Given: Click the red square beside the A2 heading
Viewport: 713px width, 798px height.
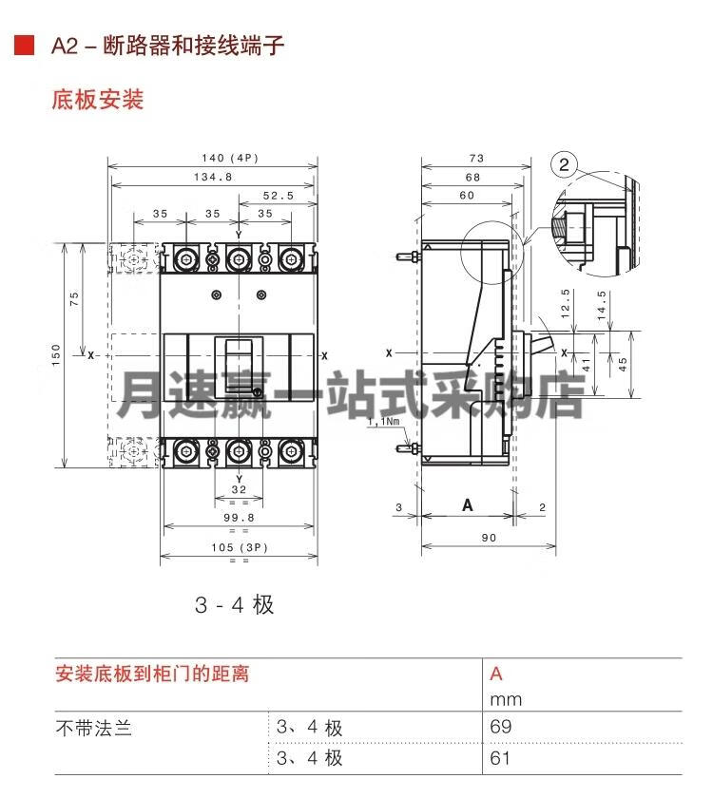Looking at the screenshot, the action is pyautogui.click(x=24, y=45).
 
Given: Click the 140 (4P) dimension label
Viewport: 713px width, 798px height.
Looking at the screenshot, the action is pyautogui.click(x=230, y=159).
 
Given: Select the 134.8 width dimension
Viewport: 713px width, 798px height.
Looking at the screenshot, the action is pyautogui.click(x=213, y=177).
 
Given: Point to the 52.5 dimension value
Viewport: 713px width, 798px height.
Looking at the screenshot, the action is pyautogui.click(x=278, y=196).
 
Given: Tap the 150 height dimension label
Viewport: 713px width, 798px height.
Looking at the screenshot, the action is pyautogui.click(x=56, y=354).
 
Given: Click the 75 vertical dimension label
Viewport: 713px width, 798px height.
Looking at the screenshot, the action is pyautogui.click(x=74, y=298).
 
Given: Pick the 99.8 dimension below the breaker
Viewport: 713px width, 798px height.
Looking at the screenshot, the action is pyautogui.click(x=239, y=518).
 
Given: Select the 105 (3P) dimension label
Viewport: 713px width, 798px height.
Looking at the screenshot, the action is pyautogui.click(x=240, y=547).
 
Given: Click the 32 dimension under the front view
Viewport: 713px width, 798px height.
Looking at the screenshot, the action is pyautogui.click(x=239, y=489).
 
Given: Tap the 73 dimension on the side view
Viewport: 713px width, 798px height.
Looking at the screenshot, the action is pyautogui.click(x=476, y=159).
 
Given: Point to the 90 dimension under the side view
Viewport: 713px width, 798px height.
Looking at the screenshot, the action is pyautogui.click(x=489, y=538).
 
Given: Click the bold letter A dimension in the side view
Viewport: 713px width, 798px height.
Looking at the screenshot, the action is pyautogui.click(x=468, y=505).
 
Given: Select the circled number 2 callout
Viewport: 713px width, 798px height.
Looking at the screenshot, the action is pyautogui.click(x=564, y=164).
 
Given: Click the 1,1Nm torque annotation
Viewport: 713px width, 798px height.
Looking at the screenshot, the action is pyautogui.click(x=383, y=422).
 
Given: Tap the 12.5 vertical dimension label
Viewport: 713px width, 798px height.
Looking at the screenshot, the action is pyautogui.click(x=565, y=304).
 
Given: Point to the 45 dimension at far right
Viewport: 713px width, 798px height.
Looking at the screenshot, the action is pyautogui.click(x=623, y=365).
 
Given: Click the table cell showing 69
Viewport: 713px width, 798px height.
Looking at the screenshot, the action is pyautogui.click(x=501, y=726).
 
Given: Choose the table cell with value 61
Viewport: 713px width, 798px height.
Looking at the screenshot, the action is pyautogui.click(x=500, y=758).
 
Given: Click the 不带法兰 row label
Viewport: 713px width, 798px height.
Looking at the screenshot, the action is pyautogui.click(x=94, y=729).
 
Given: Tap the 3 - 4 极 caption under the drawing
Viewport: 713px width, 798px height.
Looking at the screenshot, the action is pyautogui.click(x=234, y=605).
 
